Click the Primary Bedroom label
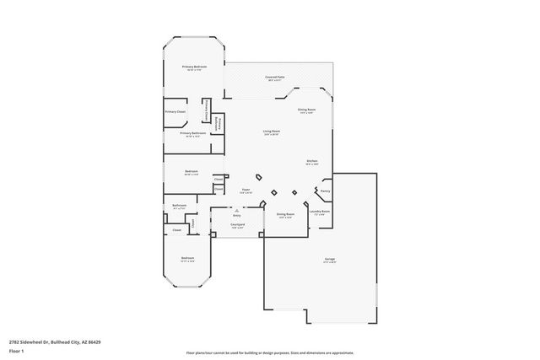[x=195, y=67]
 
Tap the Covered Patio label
[x=274, y=77]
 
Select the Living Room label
[x=271, y=132]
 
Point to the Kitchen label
[x=311, y=161]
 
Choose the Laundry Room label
[x=319, y=212]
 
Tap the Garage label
[x=329, y=259]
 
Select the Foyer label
[x=246, y=191]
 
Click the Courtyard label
[x=237, y=225]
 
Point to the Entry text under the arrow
[x=237, y=215]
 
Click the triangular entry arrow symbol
[x=237, y=209]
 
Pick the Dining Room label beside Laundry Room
[x=285, y=214]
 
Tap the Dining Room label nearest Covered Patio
[x=305, y=110]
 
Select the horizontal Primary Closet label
[x=175, y=111]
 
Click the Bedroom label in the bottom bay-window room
[x=187, y=258]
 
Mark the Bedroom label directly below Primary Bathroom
[x=192, y=171]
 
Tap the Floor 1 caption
[x=16, y=350]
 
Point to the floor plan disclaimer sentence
[x=270, y=352]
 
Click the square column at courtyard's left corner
[x=212, y=235]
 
